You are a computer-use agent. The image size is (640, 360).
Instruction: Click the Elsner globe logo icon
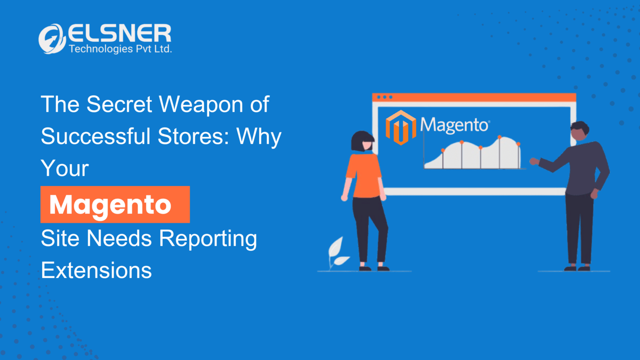pyautogui.click(x=51, y=39)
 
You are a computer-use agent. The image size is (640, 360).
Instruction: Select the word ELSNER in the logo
pyautogui.click(x=120, y=33)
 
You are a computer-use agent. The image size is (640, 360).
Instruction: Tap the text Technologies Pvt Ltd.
pyautogui.click(x=120, y=49)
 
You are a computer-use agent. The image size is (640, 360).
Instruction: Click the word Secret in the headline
pyautogui.click(x=119, y=104)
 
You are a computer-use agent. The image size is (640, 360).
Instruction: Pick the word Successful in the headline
pyautogui.click(x=96, y=136)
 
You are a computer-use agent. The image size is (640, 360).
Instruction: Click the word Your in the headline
pyautogui.click(x=65, y=168)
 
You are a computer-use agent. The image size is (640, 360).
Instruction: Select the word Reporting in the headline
pyautogui.click(x=208, y=239)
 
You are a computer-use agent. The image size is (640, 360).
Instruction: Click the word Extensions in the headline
pyautogui.click(x=96, y=270)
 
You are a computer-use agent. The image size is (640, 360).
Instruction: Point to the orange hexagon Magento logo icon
pyautogui.click(x=401, y=128)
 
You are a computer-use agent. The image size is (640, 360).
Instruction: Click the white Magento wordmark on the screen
pyautogui.click(x=455, y=125)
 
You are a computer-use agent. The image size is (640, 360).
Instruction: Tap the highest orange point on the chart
pyautogui.click(x=499, y=137)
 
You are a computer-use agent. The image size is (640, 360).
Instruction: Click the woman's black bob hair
pyautogui.click(x=361, y=140)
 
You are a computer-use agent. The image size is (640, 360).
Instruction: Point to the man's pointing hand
pyautogui.click(x=534, y=161)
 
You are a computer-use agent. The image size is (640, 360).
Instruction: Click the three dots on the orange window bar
pyautogui.click(x=384, y=97)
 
